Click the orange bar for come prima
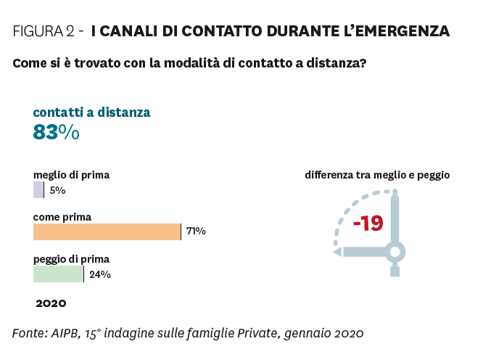tap(107, 232)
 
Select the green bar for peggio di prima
tap(58, 274)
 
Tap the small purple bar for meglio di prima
tap(38, 190)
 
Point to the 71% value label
tap(196, 232)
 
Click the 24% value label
tap(100, 274)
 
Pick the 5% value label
tap(58, 190)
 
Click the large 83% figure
tap(56, 133)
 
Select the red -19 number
tap(368, 224)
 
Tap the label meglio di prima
tap(71, 175)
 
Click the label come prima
tap(62, 216)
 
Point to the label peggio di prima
tap(71, 258)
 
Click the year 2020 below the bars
tap(51, 303)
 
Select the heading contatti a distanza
tap(91, 112)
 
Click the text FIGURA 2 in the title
tap(44, 31)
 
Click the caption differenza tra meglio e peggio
tap(377, 175)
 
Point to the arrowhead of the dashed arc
tap(336, 252)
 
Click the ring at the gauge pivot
tap(395, 252)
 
